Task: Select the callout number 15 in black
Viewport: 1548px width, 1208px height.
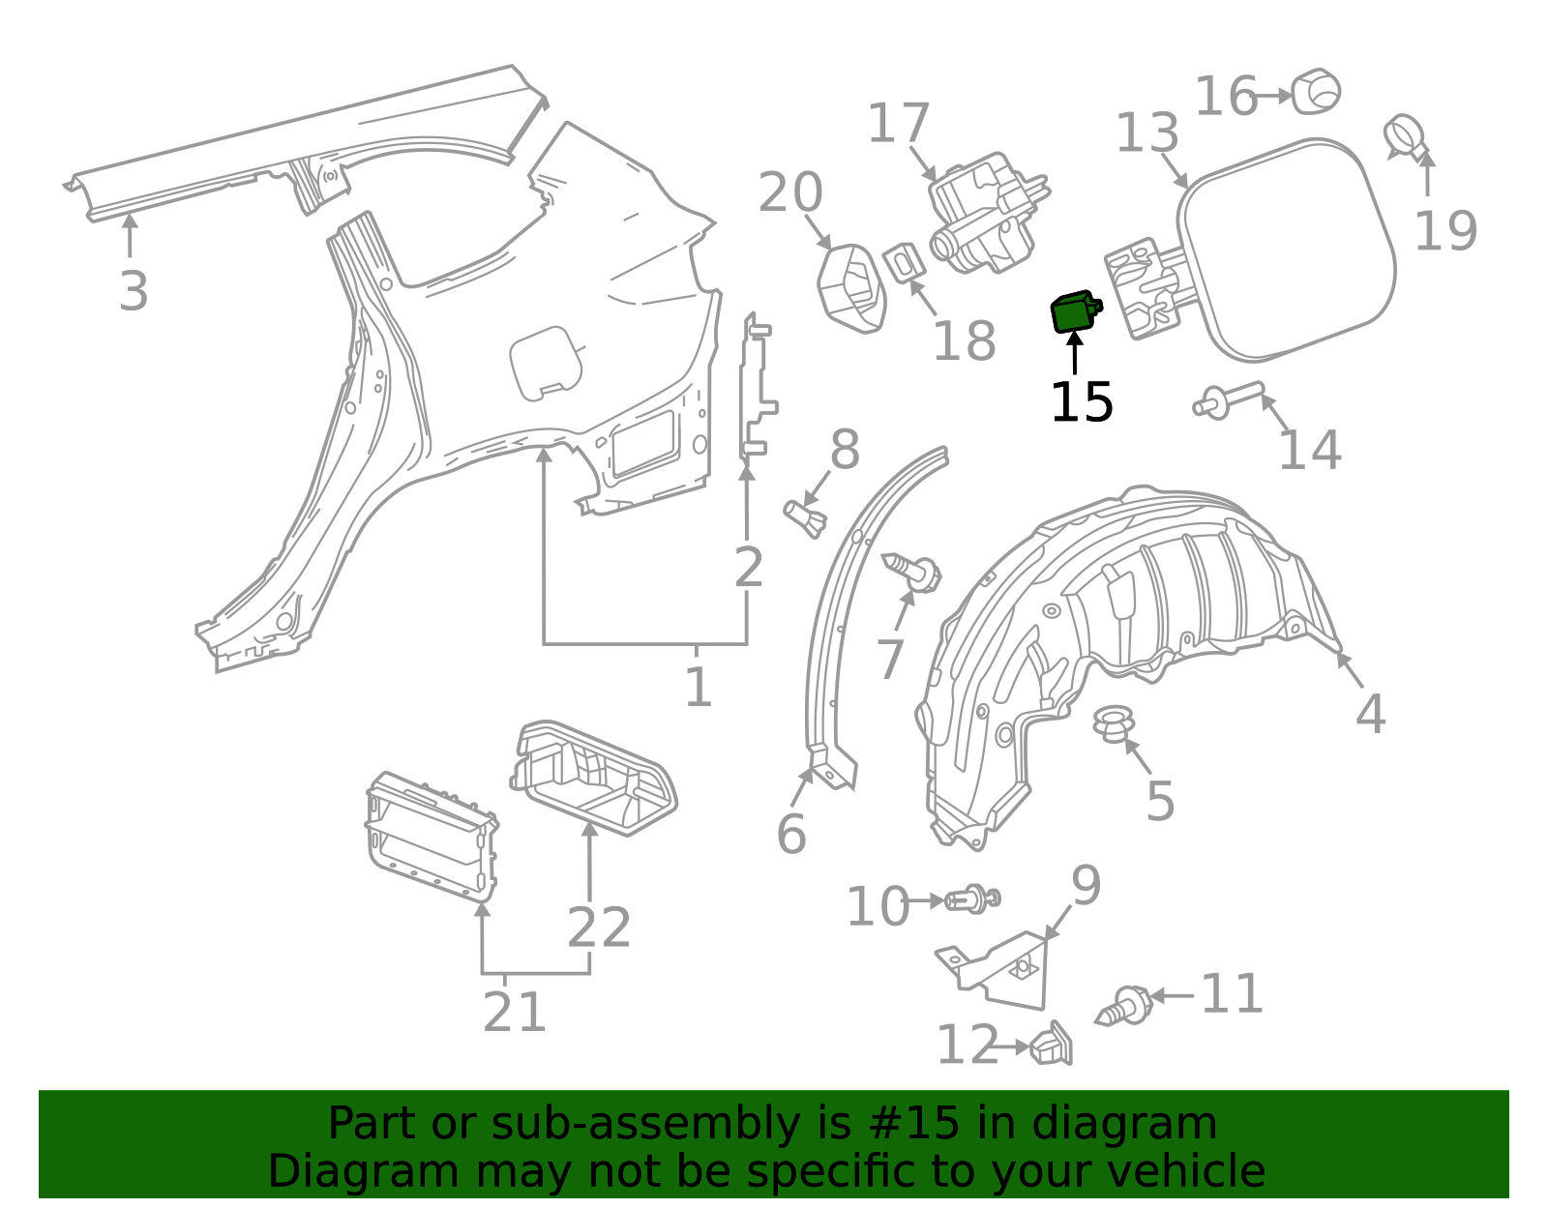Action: pyautogui.click(x=1081, y=402)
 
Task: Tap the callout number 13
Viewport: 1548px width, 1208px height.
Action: pyautogui.click(x=1147, y=133)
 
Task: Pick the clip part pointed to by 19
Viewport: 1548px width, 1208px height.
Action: pyautogui.click(x=1406, y=136)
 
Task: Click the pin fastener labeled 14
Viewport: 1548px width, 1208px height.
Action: pyautogui.click(x=1228, y=398)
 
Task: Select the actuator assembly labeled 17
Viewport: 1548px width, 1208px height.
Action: pyautogui.click(x=987, y=212)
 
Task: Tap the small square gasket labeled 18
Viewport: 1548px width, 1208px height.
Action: pyautogui.click(x=903, y=262)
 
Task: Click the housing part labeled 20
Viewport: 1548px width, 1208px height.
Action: pyautogui.click(x=851, y=287)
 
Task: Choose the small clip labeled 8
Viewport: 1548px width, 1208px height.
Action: pyautogui.click(x=805, y=516)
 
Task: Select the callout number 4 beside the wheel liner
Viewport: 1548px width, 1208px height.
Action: pyautogui.click(x=1370, y=714)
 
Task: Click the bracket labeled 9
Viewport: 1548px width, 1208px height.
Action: pyautogui.click(x=1006, y=967)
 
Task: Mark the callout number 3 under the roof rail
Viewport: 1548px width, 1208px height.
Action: pyautogui.click(x=134, y=290)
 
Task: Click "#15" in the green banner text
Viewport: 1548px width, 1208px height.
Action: pyautogui.click(x=915, y=1124)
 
